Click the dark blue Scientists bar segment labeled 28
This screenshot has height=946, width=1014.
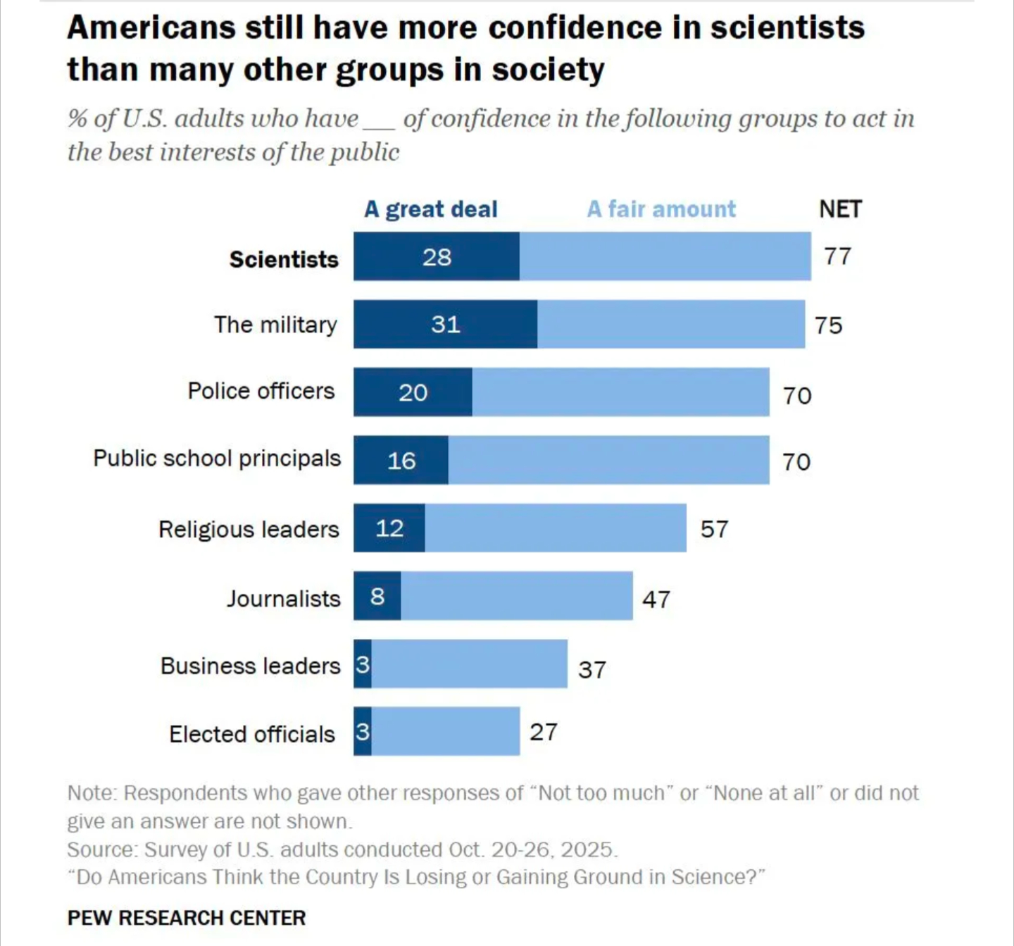pos(437,257)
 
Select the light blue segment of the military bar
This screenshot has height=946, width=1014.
pos(670,324)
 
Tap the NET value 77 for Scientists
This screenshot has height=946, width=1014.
pos(838,256)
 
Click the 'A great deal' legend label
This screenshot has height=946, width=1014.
pos(430,209)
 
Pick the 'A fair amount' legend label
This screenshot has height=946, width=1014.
pos(661,209)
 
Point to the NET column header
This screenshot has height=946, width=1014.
pos(840,209)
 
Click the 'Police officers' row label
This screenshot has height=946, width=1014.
pos(261,391)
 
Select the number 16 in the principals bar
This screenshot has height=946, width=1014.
pos(401,461)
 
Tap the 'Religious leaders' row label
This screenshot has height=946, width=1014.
pos(249,529)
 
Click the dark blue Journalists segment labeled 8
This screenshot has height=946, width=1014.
pos(377,597)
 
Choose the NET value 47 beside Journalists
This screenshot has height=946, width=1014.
pos(656,599)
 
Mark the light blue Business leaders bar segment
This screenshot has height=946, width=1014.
pos(469,664)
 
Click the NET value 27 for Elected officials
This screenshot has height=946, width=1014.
pos(544,733)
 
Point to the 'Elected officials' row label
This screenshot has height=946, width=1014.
pos(252,735)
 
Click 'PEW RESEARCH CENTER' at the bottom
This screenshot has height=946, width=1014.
pos(187,918)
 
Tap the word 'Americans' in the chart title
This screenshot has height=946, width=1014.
pos(151,28)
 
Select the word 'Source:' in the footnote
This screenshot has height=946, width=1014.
pos(102,850)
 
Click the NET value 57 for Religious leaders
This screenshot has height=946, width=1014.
pos(714,529)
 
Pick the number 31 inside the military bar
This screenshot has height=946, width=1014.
pos(446,325)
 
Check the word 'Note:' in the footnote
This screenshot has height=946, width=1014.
pos(92,793)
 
